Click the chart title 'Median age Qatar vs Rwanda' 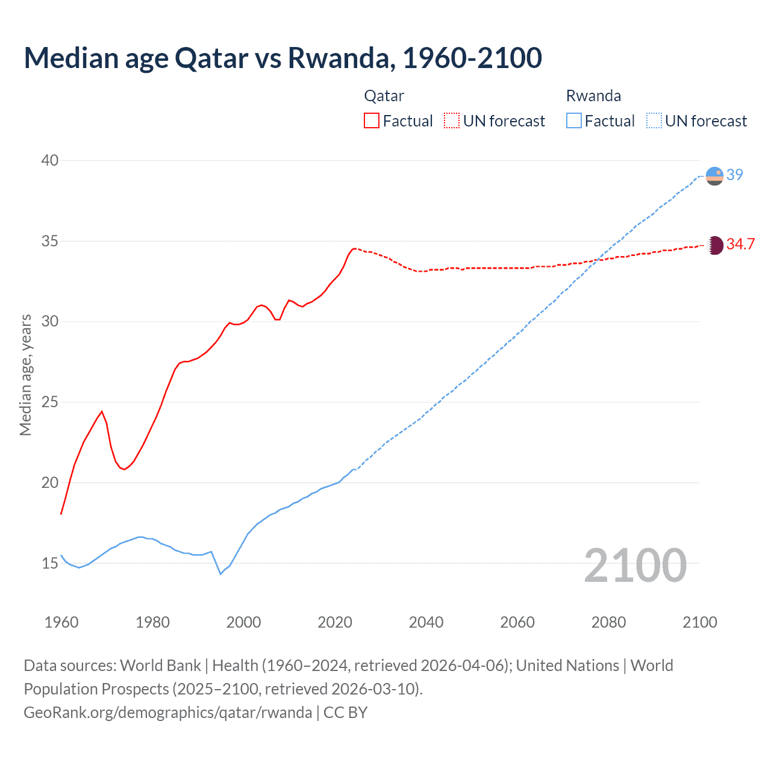(282, 58)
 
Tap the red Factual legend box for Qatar (372, 121)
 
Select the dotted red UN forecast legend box (452, 121)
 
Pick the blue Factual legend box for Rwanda (574, 121)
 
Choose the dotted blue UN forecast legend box (654, 121)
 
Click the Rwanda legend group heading (593, 96)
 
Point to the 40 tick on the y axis (50, 160)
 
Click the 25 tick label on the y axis (50, 402)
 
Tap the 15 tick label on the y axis (50, 563)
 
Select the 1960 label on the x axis (61, 622)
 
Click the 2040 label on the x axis (426, 622)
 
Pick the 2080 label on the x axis (608, 622)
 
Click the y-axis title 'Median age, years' (25, 375)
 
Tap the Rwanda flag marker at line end (714, 176)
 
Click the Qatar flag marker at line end (714, 245)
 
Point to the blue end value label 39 (735, 175)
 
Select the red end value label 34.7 (740, 244)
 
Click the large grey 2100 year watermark (635, 565)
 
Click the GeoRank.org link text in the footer (167, 712)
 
